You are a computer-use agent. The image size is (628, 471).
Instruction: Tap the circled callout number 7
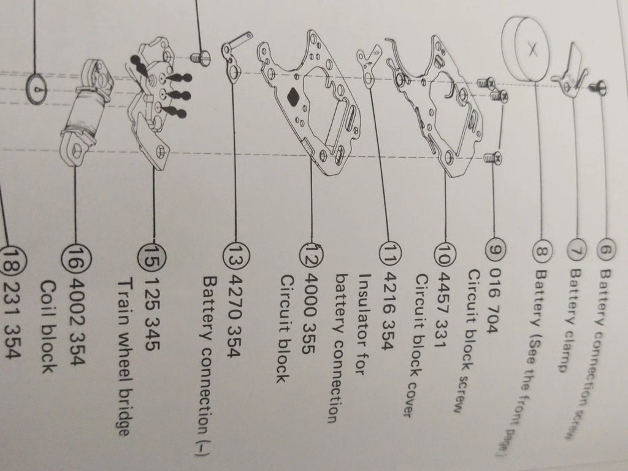(x=577, y=251)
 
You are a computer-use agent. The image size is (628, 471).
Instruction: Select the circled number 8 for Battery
(x=542, y=251)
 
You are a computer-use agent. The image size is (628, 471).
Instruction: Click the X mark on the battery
(x=532, y=50)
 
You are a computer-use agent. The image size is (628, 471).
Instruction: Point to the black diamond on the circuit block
(x=294, y=96)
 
